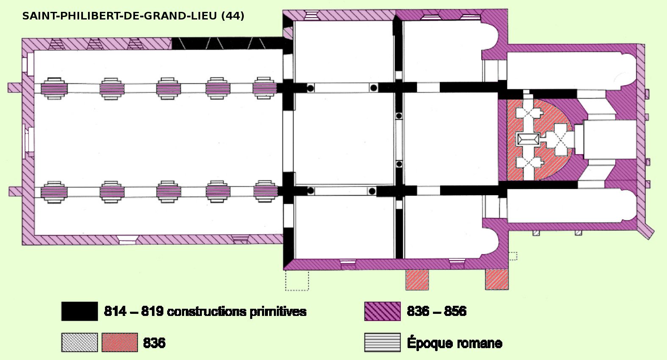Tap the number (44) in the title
232,16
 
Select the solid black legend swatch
80,311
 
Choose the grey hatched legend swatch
80,342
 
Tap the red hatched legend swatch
120,342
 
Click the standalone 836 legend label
154,342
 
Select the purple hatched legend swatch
382,311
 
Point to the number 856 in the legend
455,311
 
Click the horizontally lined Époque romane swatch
382,342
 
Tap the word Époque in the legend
427,343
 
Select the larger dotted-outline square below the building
297,280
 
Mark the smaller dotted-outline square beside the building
513,256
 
